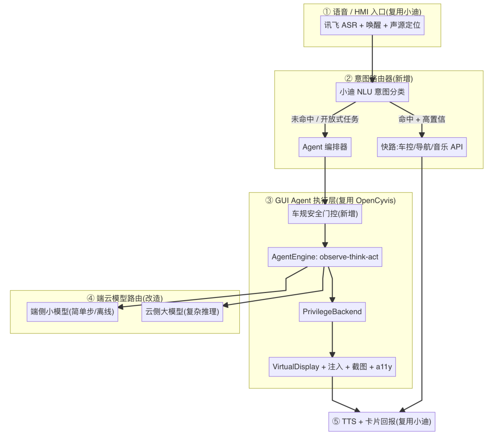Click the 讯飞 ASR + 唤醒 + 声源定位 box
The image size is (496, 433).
click(x=372, y=25)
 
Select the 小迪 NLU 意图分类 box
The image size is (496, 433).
click(x=372, y=92)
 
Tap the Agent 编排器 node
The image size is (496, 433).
click(x=325, y=147)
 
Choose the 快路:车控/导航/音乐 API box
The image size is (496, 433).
click(x=422, y=147)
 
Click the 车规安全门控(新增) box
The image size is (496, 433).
click(x=325, y=214)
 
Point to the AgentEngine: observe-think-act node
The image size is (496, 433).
click(x=325, y=257)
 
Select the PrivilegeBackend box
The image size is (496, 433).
click(x=332, y=312)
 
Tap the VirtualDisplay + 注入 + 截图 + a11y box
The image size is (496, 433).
click(x=332, y=367)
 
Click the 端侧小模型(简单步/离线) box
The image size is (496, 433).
click(x=73, y=312)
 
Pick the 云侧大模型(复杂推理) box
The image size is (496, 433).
click(x=182, y=312)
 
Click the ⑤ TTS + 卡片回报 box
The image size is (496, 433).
click(x=382, y=422)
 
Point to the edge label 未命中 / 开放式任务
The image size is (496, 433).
click(x=325, y=119)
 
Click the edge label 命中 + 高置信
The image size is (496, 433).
click(x=422, y=119)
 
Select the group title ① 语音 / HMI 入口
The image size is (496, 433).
click(x=372, y=11)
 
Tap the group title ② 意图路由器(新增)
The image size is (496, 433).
click(x=378, y=79)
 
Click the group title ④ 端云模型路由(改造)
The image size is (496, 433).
click(x=124, y=298)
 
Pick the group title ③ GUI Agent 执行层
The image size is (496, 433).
click(x=331, y=201)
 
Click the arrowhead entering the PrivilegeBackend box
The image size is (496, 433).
click(x=332, y=300)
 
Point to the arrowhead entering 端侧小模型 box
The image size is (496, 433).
click(x=120, y=306)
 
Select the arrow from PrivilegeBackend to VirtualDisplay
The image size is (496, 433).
click(x=332, y=339)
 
